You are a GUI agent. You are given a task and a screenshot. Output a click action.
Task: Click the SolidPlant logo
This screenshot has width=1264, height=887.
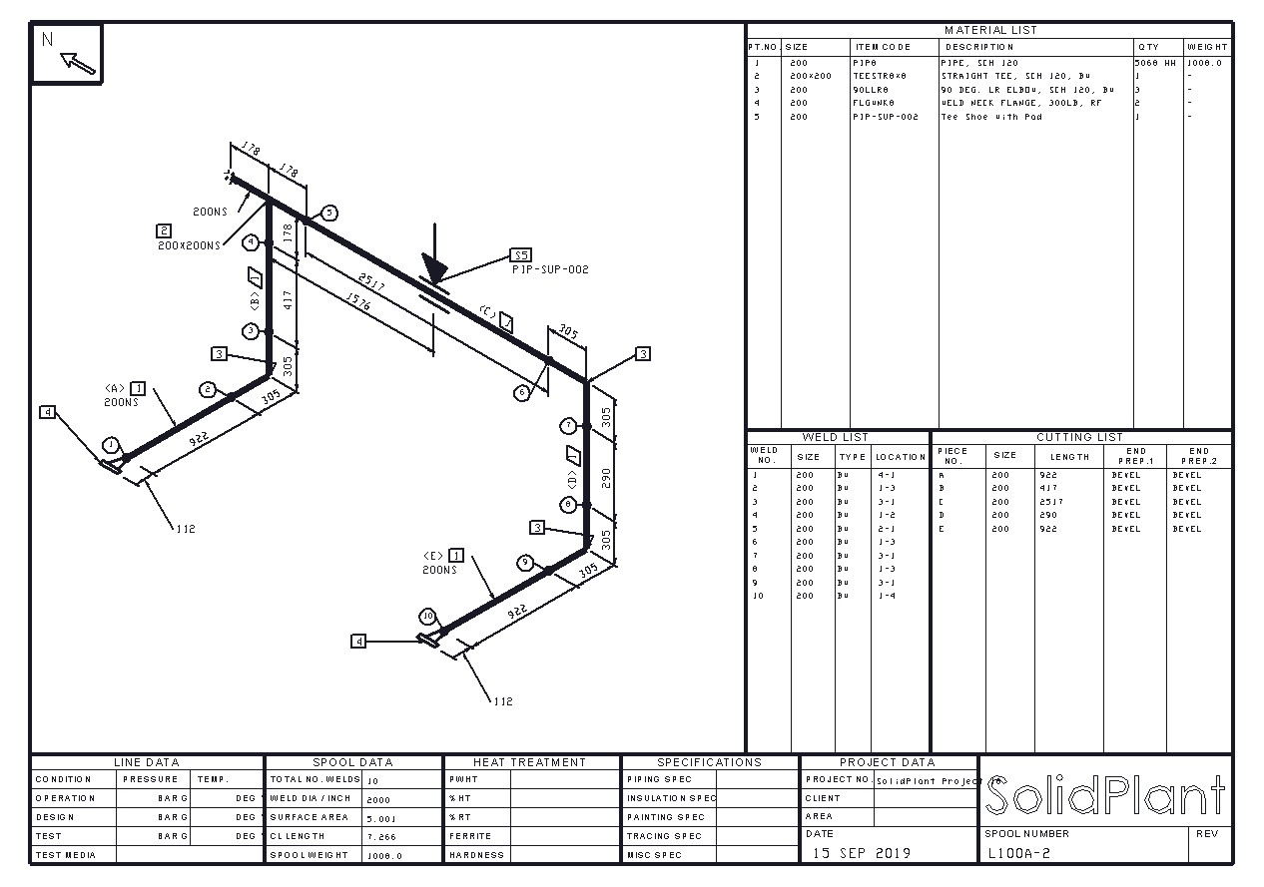(1104, 796)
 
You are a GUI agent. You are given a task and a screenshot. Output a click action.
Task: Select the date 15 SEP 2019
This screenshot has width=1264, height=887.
(861, 853)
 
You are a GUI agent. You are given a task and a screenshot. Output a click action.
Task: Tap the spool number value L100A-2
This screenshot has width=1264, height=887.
(1018, 853)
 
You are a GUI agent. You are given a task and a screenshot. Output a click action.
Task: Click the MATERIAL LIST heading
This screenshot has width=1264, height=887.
(990, 30)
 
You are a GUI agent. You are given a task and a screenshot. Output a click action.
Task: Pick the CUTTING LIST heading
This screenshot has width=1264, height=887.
(1079, 437)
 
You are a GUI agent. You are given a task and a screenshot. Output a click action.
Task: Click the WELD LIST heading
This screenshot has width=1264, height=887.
(835, 437)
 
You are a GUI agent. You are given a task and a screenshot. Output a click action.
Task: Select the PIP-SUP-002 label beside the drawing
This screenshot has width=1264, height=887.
(550, 269)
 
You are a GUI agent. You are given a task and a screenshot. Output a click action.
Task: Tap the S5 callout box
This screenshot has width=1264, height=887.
(521, 254)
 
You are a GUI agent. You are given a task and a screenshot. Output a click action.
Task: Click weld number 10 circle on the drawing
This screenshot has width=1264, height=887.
(427, 616)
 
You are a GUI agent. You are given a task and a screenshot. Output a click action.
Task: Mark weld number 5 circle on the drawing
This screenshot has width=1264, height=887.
(329, 213)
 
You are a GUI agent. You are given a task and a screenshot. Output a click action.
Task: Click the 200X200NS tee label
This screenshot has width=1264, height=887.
(189, 245)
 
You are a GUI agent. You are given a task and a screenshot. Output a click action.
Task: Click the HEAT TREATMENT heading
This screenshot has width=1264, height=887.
(529, 762)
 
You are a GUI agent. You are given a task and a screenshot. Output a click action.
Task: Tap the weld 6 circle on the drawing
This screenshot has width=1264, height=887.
(521, 393)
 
